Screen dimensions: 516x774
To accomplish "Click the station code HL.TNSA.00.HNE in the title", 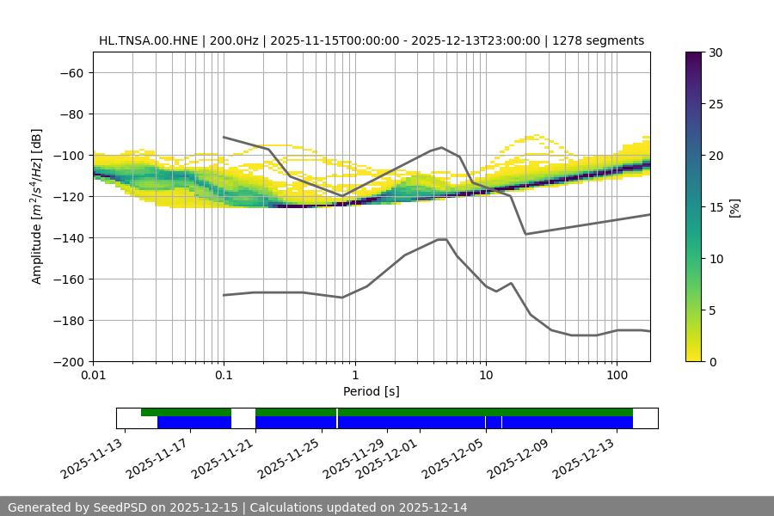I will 149,40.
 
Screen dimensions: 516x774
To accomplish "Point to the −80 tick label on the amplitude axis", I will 71,114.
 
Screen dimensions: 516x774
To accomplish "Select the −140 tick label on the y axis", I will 67,237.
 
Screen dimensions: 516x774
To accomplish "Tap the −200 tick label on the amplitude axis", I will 67,361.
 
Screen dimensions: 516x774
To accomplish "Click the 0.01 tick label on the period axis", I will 93,376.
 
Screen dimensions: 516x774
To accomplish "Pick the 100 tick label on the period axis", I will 617,376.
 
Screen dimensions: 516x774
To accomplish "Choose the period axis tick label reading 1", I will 354,376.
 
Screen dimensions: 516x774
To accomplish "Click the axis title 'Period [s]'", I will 372,391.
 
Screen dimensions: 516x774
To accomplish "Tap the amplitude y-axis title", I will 37,206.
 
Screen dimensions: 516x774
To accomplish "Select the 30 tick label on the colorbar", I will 716,52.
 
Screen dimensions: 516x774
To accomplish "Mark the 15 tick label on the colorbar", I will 716,207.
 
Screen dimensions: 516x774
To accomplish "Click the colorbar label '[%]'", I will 734,207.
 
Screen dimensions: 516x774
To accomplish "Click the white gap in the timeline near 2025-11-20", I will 243,418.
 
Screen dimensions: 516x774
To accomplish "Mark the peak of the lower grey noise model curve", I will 442,239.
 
